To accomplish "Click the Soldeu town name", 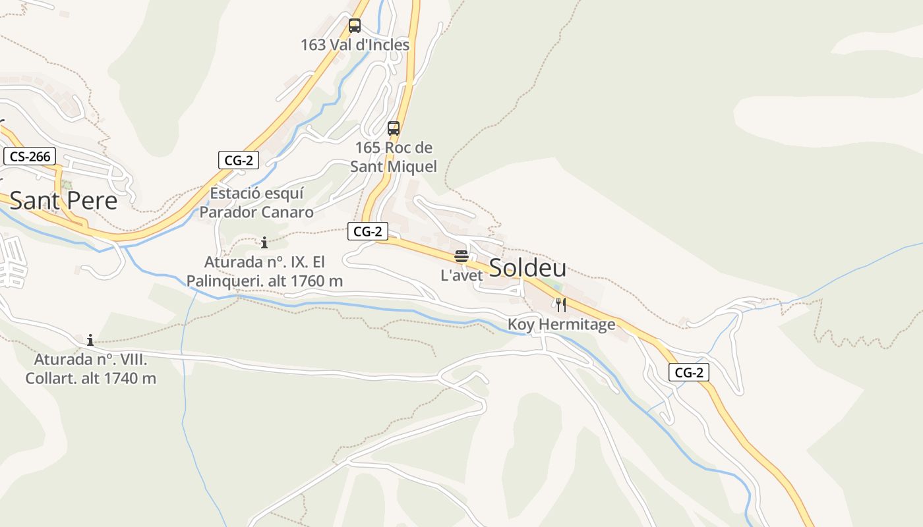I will (527, 268).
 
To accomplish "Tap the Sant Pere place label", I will (63, 200).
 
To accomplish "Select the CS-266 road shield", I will (30, 157).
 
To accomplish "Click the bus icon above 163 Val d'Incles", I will (355, 26).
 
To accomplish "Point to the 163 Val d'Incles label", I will (355, 45).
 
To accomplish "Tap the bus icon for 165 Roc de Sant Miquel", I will (394, 128).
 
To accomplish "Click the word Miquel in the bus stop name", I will (412, 167).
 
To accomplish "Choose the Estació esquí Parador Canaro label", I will (256, 203).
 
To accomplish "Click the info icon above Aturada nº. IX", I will (264, 242).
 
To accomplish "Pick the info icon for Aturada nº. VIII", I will (90, 340).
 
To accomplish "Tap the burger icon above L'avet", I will (461, 256).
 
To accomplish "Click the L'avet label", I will (461, 275).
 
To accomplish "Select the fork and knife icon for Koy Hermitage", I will (561, 304).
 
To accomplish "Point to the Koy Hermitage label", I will (561, 324).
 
